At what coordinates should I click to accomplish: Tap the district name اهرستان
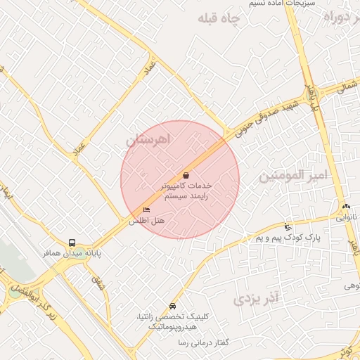148,140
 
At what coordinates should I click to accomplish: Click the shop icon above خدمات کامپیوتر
186,175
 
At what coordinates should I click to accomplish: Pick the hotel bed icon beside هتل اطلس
146,210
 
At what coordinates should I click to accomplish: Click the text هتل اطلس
146,221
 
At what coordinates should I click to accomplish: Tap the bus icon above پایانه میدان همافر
72,243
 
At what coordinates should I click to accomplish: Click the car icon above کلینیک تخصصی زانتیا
173,307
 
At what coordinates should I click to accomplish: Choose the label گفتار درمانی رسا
205,342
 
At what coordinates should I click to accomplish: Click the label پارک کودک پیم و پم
288,238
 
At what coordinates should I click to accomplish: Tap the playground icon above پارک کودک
287,226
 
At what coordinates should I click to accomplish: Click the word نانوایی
347,217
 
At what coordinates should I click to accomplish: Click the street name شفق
97,284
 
